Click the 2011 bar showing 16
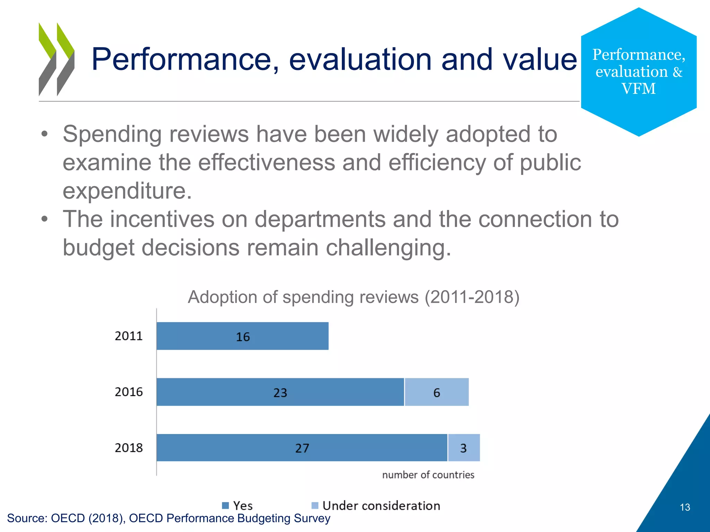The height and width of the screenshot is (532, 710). (242, 336)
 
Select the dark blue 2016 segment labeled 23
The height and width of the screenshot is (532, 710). (280, 392)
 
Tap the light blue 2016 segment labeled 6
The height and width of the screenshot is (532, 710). (436, 392)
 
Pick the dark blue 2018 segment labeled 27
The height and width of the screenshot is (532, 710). (302, 448)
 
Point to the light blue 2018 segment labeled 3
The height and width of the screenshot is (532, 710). (464, 448)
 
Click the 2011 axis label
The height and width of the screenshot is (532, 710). (129, 336)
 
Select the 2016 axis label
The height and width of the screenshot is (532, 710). (129, 392)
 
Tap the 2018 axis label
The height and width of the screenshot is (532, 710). (129, 448)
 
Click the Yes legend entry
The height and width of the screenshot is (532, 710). (237, 506)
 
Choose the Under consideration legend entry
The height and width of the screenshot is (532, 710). (376, 506)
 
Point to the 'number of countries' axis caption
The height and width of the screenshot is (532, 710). (428, 475)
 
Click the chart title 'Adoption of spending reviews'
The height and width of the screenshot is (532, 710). (353, 297)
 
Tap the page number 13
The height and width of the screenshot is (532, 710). (685, 507)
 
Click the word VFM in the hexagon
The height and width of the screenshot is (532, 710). (638, 89)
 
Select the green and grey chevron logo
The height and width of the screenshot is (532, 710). (56, 59)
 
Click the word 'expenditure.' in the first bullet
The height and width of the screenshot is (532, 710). (127, 191)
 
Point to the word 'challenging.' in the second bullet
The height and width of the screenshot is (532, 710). (388, 248)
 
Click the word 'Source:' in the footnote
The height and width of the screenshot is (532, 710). (27, 518)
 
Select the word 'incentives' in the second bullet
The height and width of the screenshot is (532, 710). (162, 219)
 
